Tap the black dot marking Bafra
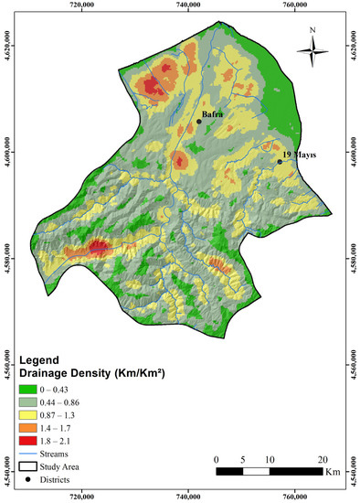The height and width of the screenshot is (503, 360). [x=199, y=121]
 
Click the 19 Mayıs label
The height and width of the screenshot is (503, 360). [x=299, y=155]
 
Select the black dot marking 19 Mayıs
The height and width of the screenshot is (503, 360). [x=280, y=162]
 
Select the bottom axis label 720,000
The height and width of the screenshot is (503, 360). [x=81, y=498]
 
